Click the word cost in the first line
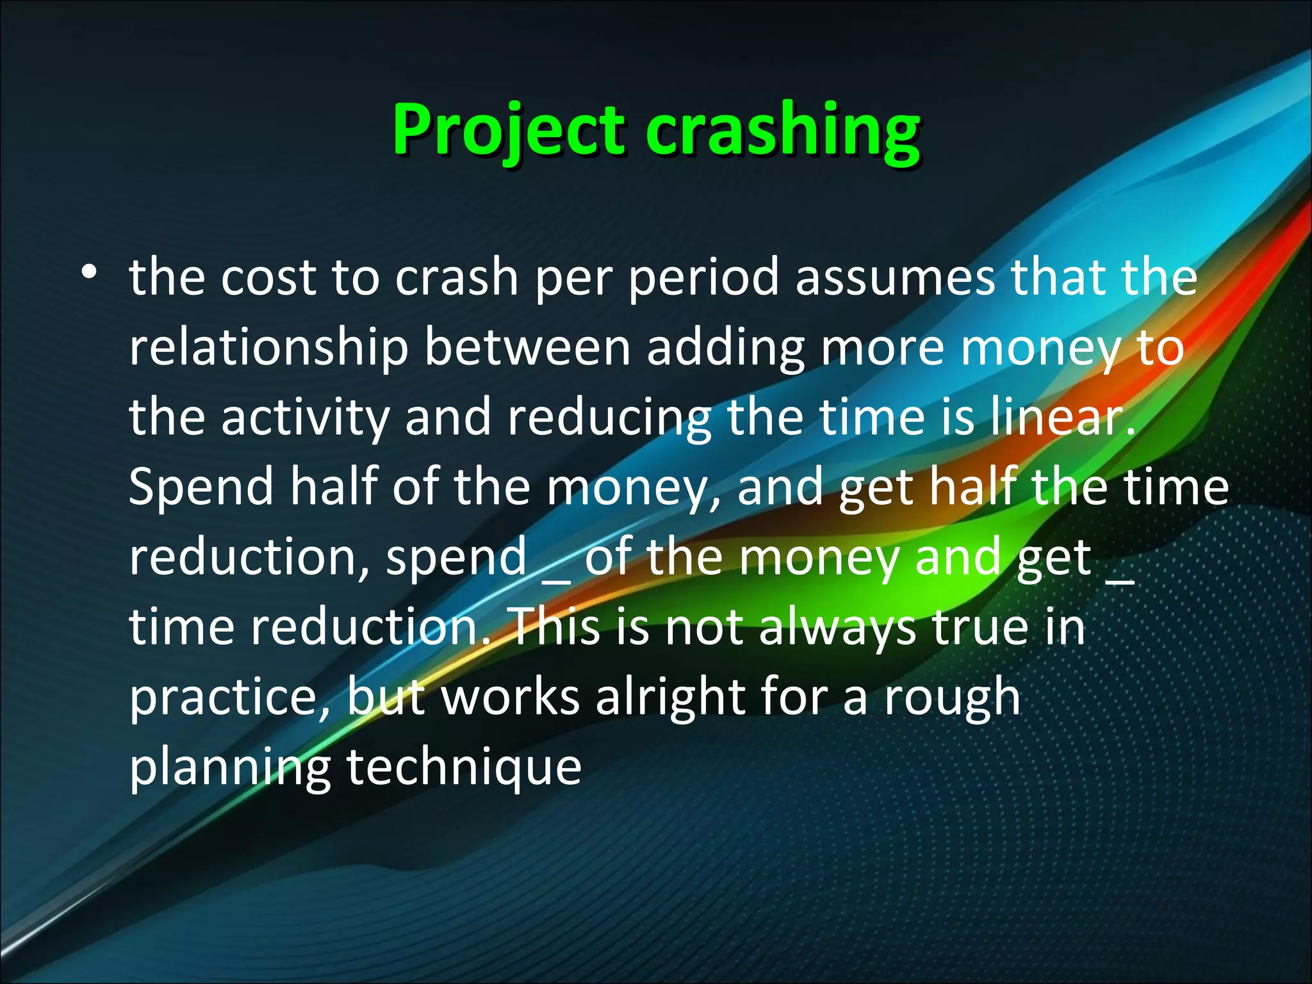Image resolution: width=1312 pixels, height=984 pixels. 268,278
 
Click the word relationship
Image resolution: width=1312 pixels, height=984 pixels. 268,348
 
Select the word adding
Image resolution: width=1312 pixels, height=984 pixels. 725,348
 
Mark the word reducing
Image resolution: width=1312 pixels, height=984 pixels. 609,418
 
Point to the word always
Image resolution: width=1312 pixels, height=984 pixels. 838,627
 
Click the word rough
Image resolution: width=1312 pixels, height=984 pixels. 952,697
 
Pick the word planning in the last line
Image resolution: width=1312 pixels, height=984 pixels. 230,767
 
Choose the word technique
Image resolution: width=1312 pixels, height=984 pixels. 464,767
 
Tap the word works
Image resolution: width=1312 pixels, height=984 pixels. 511,697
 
